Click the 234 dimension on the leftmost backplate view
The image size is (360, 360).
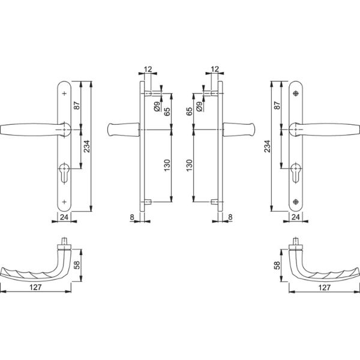pos(87,146)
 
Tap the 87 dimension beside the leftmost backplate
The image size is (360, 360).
pos(77,106)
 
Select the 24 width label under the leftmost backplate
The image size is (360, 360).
pos(64,217)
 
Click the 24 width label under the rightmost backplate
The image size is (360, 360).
pos(295,217)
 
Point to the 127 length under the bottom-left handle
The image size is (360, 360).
pos(35,287)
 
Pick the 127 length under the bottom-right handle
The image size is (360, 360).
pos(325,287)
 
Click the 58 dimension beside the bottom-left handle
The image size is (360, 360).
pos(77,265)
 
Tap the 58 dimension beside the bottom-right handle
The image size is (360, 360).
pos(277,265)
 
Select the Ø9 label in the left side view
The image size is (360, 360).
pos(157,107)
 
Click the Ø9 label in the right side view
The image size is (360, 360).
pos(199,107)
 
